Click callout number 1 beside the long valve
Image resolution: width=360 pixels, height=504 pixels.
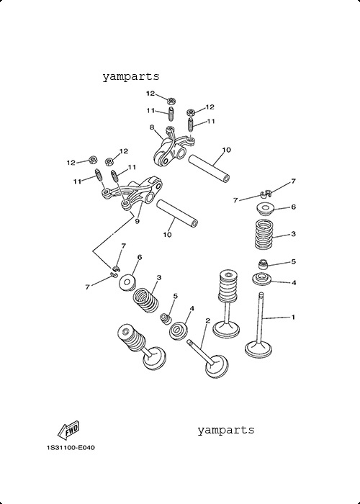[x=293, y=318]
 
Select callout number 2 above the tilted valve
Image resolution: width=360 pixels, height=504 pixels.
[x=207, y=320]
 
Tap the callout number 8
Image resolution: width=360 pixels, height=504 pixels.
[x=152, y=127]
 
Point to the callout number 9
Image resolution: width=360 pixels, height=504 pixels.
[x=138, y=222]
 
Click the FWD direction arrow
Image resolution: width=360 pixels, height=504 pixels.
[x=68, y=431]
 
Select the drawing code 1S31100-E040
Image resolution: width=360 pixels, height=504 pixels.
[x=71, y=447]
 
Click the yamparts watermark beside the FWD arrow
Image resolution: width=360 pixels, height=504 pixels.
[x=225, y=430]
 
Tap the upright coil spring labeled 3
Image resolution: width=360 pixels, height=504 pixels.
[x=264, y=234]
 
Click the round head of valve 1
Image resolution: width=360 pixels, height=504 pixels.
[x=258, y=350]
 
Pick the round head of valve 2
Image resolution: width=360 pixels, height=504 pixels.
[x=217, y=366]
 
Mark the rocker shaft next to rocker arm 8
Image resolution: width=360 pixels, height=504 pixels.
[x=209, y=168]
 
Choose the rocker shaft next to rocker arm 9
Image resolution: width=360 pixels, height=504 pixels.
[x=177, y=213]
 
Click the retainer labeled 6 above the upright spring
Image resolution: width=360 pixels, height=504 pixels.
[x=265, y=210]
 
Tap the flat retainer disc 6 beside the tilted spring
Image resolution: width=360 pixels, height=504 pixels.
[x=127, y=283]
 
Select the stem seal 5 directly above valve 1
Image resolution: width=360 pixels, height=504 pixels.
[x=264, y=264]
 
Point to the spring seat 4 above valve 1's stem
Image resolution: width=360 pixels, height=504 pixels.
[x=262, y=279]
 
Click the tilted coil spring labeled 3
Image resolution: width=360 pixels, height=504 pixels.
[x=146, y=300]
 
